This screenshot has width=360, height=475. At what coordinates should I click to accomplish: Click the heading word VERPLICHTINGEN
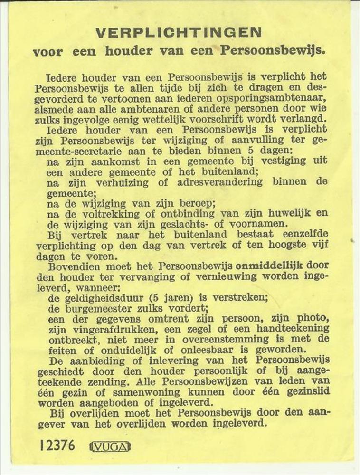[x=178, y=33]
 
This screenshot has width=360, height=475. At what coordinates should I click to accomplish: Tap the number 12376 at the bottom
[x=57, y=445]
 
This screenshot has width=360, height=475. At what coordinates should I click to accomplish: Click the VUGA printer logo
[x=110, y=446]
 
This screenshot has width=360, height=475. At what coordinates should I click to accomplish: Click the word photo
[x=309, y=318]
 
